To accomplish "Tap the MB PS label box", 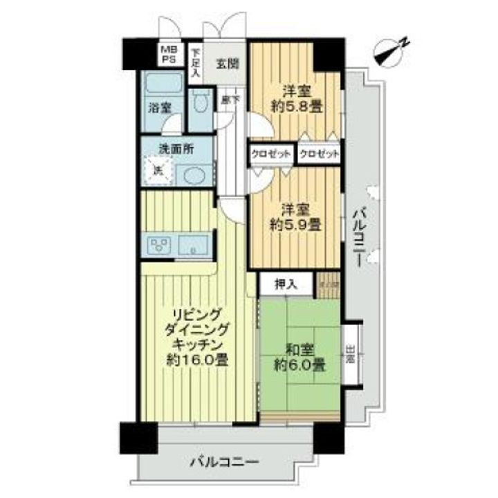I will (169, 55).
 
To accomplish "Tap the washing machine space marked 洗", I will (156, 170).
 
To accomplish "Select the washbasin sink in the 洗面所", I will (192, 174).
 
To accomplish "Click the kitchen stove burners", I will (158, 244).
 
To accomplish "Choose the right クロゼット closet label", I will (320, 154).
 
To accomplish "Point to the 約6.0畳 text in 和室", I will (300, 364).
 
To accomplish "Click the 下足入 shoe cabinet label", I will (195, 62).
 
